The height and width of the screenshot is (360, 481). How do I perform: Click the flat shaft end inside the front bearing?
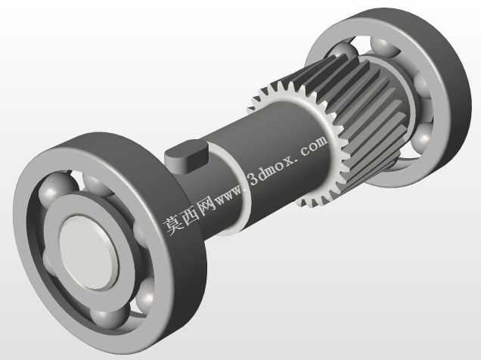88,253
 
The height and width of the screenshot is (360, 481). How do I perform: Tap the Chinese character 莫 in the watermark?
173,225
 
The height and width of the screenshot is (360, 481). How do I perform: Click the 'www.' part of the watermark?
230,195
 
